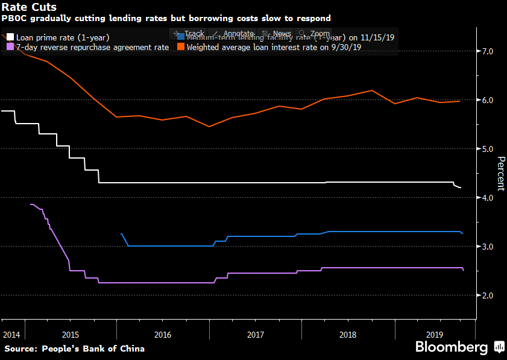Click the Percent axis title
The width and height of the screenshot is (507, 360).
(500, 174)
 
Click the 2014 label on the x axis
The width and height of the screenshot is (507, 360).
(11, 333)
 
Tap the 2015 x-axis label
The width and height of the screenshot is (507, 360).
(70, 333)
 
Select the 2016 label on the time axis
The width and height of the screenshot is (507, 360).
(162, 333)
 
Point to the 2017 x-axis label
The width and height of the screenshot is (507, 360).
(255, 333)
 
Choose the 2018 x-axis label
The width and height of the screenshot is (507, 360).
(348, 333)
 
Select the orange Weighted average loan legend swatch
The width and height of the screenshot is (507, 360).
(180, 47)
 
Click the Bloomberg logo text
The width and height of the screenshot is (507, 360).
(451, 347)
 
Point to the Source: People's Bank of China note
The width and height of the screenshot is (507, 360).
(75, 349)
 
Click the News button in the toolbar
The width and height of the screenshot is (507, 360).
(277, 34)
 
